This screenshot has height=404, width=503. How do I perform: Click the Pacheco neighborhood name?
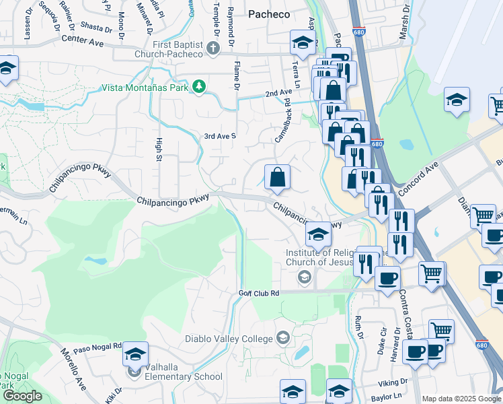coord(269,13)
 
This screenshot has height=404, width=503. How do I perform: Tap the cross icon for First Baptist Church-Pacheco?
coord(213,48)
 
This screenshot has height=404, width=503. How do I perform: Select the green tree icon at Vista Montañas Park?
coord(199,86)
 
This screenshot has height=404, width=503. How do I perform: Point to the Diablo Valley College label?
coord(229,337)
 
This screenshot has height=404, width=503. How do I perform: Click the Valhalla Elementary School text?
coord(184,376)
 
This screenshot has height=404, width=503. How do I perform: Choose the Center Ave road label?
coord(83,40)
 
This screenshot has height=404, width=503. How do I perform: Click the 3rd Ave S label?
coord(221,136)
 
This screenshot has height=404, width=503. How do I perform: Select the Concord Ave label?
coord(418,174)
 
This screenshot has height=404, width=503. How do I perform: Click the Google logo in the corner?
coord(22,396)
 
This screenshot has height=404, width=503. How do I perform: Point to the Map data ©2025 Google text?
coord(462,399)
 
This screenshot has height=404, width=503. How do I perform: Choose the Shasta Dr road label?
coord(96,28)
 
